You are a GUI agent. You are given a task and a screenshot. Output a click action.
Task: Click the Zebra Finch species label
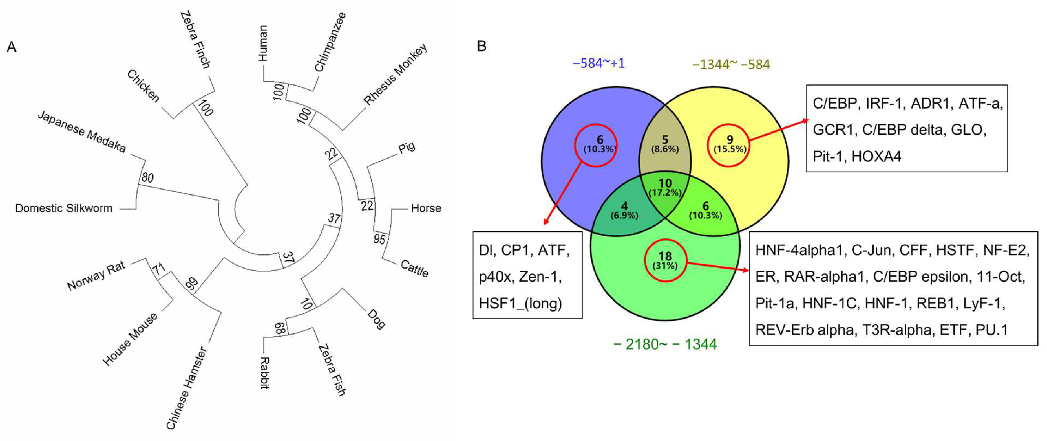[x=195, y=40]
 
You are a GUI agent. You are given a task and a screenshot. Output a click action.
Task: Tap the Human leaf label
[x=263, y=43]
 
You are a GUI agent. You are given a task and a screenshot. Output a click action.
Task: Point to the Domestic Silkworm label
[x=64, y=208]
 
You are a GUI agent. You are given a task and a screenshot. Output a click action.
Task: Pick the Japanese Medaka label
[x=81, y=132]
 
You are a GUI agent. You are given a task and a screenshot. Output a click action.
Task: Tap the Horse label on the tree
[x=426, y=208]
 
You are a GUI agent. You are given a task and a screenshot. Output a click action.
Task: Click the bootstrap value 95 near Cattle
[x=379, y=239]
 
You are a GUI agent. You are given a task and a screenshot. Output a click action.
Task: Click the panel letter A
[x=11, y=47]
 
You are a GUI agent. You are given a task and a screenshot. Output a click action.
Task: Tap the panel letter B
[x=481, y=46]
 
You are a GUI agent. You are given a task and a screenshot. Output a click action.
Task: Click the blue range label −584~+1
[x=599, y=63]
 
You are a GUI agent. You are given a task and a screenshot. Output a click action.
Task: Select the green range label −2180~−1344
[x=665, y=344]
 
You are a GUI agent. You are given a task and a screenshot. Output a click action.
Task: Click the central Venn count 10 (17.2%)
[x=665, y=187]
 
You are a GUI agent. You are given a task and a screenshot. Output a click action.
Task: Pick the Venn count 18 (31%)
[x=665, y=260]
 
